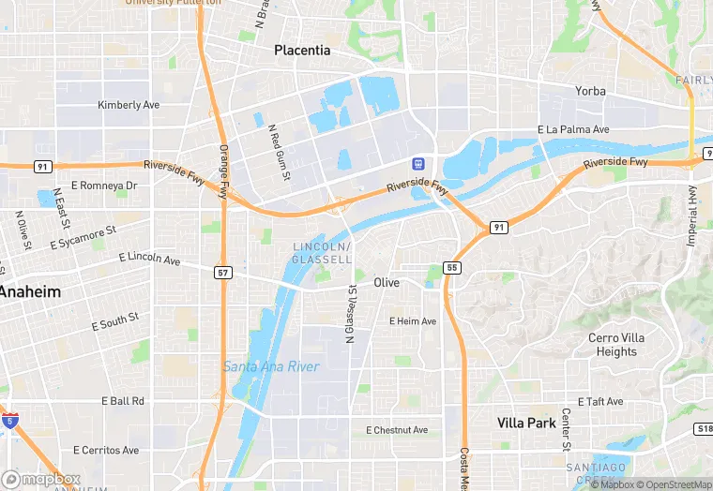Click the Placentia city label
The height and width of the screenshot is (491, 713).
point(302,50)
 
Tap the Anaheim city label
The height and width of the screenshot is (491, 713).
point(30,291)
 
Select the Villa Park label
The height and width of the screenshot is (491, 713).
point(526,423)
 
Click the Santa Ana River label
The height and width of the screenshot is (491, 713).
point(271,366)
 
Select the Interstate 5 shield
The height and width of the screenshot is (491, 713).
point(9,421)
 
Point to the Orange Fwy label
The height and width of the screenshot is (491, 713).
point(223,171)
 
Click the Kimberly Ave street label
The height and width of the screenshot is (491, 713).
point(129,105)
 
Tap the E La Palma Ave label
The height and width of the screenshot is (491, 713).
point(573,129)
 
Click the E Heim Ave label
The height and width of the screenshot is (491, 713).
point(413,321)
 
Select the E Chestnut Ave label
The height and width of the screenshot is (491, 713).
point(397,430)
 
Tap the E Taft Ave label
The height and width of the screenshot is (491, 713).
point(600,401)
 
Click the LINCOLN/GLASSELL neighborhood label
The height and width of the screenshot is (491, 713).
point(322,252)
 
